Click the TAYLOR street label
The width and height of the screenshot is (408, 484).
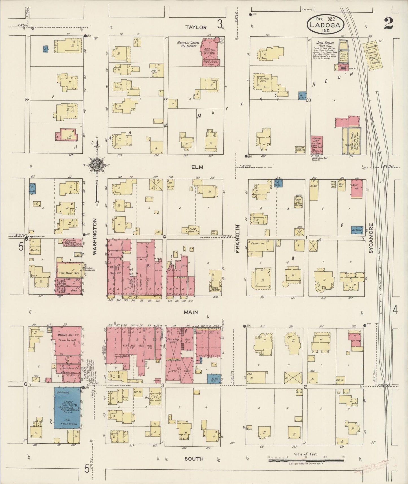coord(196,27)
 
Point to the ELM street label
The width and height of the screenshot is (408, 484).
coord(197,167)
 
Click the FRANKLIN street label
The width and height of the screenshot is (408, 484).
coord(239,238)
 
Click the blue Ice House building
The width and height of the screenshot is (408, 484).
coord(357,230)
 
